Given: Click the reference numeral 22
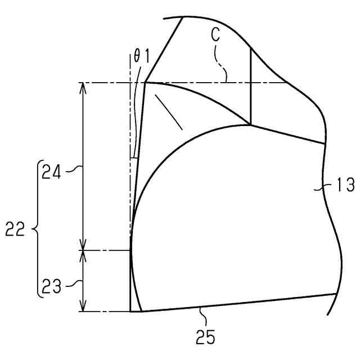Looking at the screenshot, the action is [15, 229].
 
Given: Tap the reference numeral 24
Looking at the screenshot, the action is [51, 172].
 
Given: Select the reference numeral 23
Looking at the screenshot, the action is [51, 286].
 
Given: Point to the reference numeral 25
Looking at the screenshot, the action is [205, 337].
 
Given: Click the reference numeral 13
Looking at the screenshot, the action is [345, 185].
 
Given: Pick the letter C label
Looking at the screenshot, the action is [215, 35].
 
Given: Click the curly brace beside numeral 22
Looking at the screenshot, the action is [38, 229].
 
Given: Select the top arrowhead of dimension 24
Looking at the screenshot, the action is [83, 88].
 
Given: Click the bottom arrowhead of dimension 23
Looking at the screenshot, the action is [83, 306].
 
